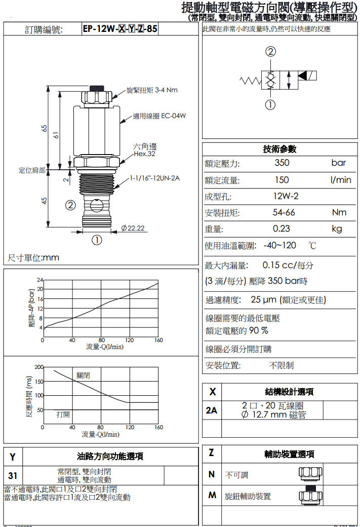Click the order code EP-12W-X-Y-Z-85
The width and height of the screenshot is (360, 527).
[x=120, y=29]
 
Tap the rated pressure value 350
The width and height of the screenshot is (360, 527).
[x=282, y=163]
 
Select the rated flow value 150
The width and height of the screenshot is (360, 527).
[x=282, y=180]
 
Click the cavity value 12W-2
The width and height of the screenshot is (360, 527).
[x=286, y=196]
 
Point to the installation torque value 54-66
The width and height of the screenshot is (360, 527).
[x=284, y=212]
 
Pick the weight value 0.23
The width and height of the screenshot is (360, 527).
[x=282, y=229]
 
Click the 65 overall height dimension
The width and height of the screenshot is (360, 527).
[x=44, y=128]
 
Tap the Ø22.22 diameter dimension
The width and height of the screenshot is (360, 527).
[x=133, y=228]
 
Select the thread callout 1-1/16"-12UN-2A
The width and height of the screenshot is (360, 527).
[x=155, y=178]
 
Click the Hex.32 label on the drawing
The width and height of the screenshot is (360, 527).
[x=144, y=154]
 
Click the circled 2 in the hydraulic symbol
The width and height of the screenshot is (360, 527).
[x=271, y=52]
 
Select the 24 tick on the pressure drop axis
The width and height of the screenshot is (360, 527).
[x=40, y=280]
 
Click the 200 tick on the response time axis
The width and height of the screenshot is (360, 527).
[x=39, y=366]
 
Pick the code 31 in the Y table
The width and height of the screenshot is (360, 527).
[x=13, y=475]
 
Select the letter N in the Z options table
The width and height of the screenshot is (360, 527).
[x=212, y=475]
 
